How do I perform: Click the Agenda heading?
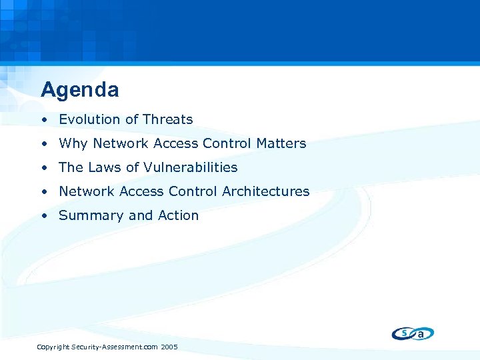(x=79, y=89)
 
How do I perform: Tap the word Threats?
(x=168, y=120)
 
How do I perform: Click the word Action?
(x=178, y=216)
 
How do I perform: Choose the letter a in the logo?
(x=421, y=334)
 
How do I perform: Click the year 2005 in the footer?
(x=169, y=347)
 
